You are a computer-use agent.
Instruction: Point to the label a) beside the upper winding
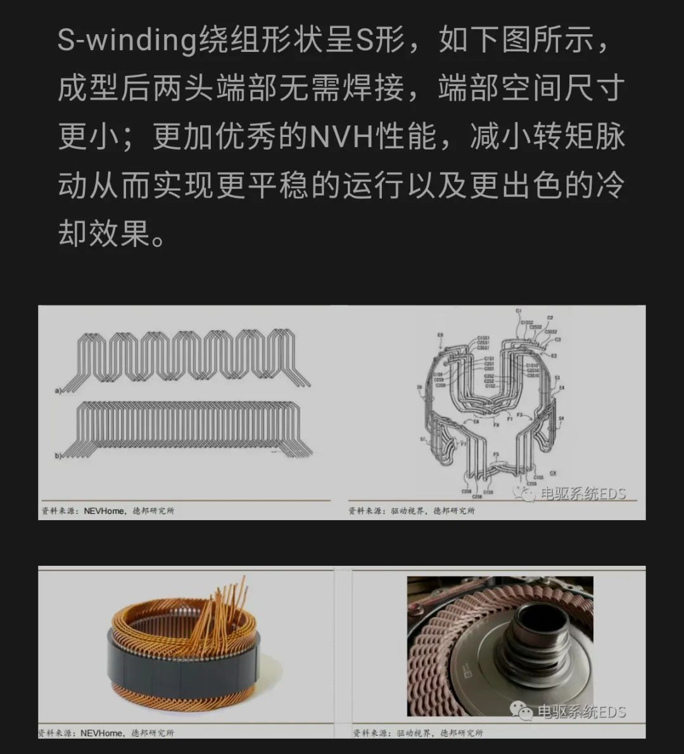point(58,391)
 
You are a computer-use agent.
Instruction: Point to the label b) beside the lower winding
point(58,456)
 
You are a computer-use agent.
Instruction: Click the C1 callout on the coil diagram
point(519,311)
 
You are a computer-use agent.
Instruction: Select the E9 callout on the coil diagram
point(441,335)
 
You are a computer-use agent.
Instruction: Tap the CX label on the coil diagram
point(553,473)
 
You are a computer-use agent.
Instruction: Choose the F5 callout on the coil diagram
point(496,454)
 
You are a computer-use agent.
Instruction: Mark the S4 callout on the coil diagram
point(561,418)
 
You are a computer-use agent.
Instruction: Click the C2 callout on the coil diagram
point(550,318)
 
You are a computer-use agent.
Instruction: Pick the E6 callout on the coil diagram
point(476,421)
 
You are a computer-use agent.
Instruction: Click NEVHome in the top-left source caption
point(104,511)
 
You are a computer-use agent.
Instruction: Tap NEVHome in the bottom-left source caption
point(102,733)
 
